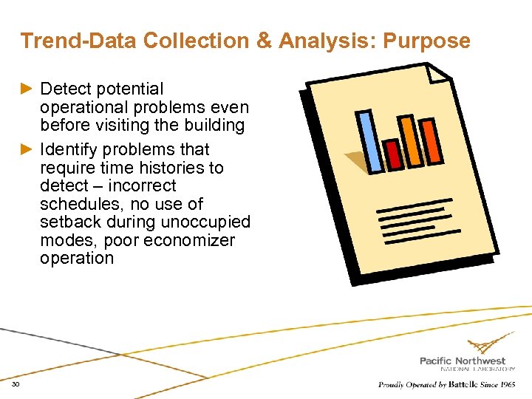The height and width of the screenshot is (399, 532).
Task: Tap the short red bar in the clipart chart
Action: [394, 154]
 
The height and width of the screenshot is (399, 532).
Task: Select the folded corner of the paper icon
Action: [437, 71]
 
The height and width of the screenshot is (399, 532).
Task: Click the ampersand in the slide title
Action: [265, 41]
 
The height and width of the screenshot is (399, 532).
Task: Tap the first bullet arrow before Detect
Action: [27, 89]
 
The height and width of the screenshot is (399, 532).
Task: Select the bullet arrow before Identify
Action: [27, 150]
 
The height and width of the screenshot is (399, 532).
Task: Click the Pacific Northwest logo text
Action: [463, 361]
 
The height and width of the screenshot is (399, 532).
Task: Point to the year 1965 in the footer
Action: [508, 385]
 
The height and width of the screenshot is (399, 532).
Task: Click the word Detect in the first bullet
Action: [66, 89]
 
